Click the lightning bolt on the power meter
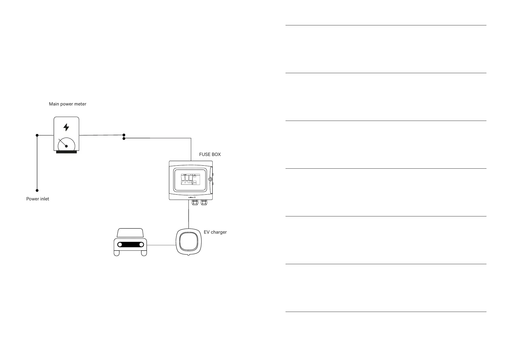pyautogui.click(x=66, y=127)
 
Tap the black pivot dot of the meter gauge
pyautogui.click(x=66, y=146)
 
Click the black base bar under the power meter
pyautogui.click(x=66, y=152)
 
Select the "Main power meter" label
pyautogui.click(x=68, y=104)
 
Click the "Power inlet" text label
pyautogui.click(x=37, y=199)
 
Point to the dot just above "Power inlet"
pyautogui.click(x=37, y=190)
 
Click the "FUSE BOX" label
pyautogui.click(x=210, y=154)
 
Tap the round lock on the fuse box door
pyautogui.click(x=210, y=179)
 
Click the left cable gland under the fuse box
pyautogui.click(x=195, y=203)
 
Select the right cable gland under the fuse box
pyautogui.click(x=204, y=203)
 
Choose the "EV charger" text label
pyautogui.click(x=215, y=232)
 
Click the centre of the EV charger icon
pyautogui.click(x=189, y=242)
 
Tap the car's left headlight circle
pyautogui.click(x=120, y=245)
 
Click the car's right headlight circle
pyautogui.click(x=141, y=245)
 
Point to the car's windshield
pyautogui.click(x=130, y=233)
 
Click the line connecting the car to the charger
pyautogui.click(x=161, y=245)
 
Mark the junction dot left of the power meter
pyautogui.click(x=37, y=135)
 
